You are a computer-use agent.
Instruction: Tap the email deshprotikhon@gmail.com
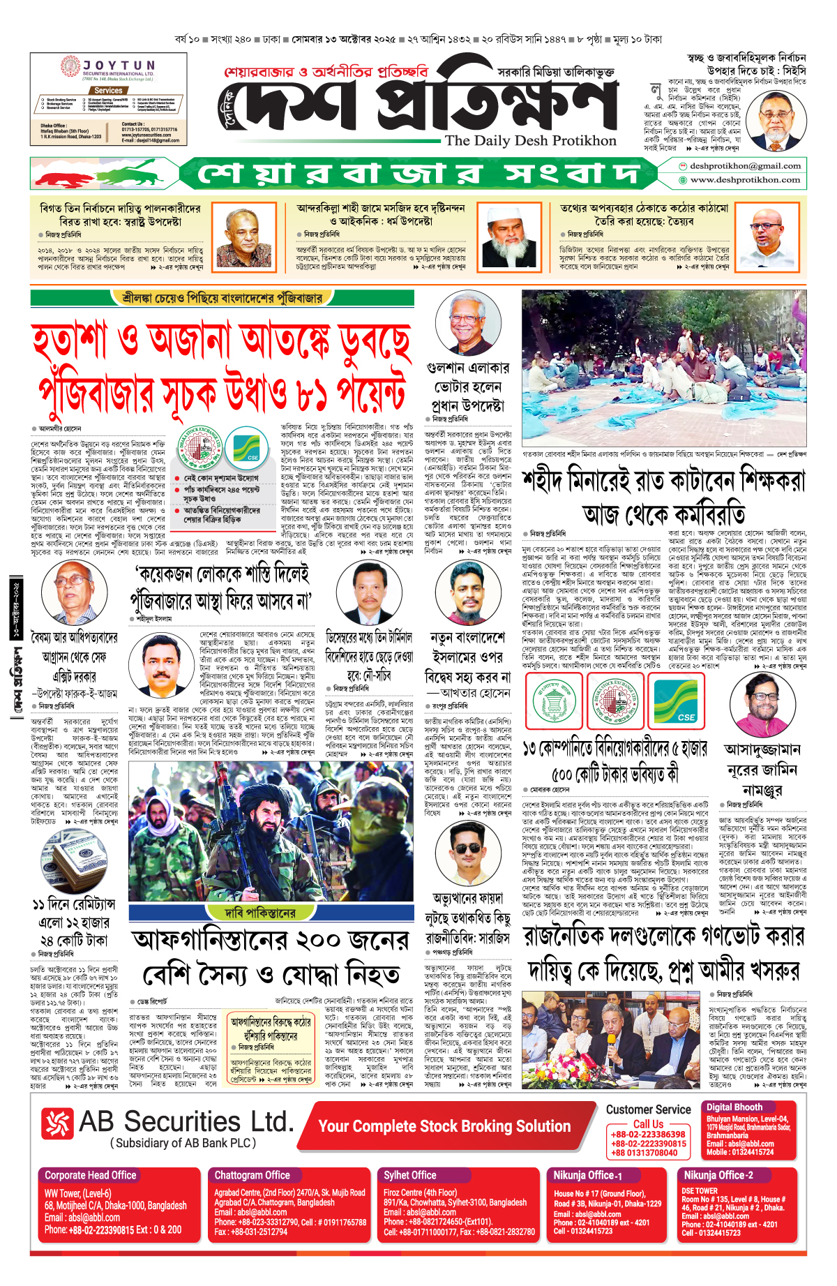(x=745, y=166)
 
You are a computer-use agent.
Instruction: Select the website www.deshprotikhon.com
(x=745, y=180)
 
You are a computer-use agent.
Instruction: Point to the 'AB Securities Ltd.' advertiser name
(x=186, y=1122)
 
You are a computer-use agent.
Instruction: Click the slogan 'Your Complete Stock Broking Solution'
(x=444, y=1126)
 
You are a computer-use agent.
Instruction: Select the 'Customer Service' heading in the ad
(x=648, y=1109)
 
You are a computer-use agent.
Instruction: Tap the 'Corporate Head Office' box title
(x=91, y=1175)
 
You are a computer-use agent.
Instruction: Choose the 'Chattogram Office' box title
(x=252, y=1175)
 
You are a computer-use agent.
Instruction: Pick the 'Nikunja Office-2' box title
(x=718, y=1175)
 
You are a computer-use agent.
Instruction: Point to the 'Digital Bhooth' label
(x=734, y=1107)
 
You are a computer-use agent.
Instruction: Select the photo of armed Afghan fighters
(x=271, y=831)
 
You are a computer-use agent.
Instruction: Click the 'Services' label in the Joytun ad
(x=108, y=91)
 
